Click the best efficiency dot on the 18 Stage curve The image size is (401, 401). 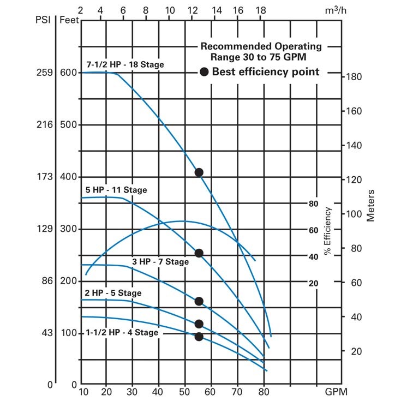pyautogui.click(x=199, y=172)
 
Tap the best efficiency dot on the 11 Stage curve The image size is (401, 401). pyautogui.click(x=199, y=253)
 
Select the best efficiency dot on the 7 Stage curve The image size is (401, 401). pyautogui.click(x=199, y=301)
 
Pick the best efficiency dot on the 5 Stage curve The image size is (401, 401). pyautogui.click(x=199, y=324)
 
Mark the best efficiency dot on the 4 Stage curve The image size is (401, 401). pyautogui.click(x=199, y=337)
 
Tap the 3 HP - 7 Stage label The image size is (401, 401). pyautogui.click(x=160, y=262)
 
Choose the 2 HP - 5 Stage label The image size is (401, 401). pyautogui.click(x=112, y=293)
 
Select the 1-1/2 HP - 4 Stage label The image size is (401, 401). pyautogui.click(x=122, y=332)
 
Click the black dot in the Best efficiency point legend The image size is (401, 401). pyautogui.click(x=204, y=72)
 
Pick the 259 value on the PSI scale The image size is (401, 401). pyautogui.click(x=45, y=73)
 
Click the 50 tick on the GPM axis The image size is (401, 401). pyautogui.click(x=184, y=392)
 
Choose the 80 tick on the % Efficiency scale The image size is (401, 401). pyautogui.click(x=313, y=204)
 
